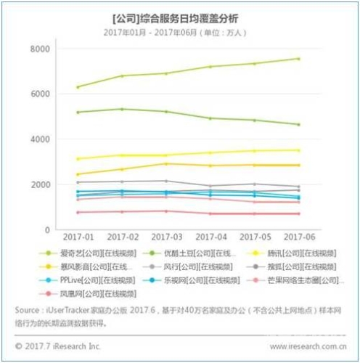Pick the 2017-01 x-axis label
pyautogui.click(x=78, y=239)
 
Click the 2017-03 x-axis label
pyautogui.click(x=168, y=239)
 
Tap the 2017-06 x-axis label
pyautogui.click(x=299, y=239)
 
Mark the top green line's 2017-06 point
pyautogui.click(x=299, y=59)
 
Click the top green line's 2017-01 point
pyautogui.click(x=78, y=87)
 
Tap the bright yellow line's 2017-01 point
pyautogui.click(x=78, y=159)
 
